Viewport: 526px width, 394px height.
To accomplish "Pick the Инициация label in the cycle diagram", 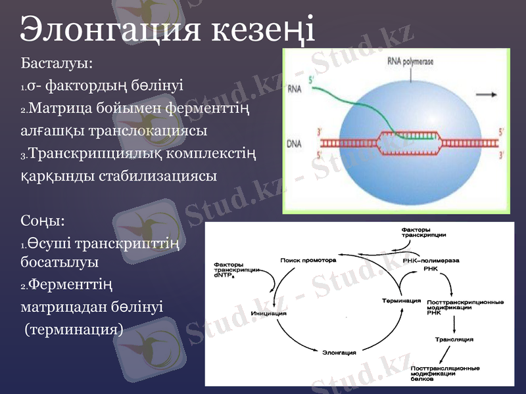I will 269,313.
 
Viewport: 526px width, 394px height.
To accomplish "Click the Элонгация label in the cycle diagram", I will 339,353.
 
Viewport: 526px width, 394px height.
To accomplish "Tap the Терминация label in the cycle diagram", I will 401,301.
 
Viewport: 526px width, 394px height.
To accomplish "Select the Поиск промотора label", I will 308,260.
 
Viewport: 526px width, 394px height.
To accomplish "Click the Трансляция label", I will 454,339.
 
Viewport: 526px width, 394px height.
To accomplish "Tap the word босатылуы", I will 60,261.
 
